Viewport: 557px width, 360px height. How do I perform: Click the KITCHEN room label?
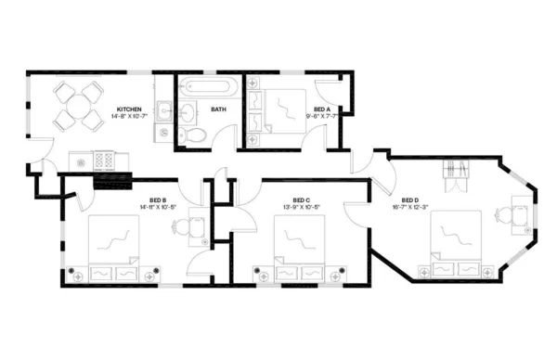128,109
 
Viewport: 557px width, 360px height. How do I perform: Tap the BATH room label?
218,109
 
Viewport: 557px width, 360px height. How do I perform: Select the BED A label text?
322,109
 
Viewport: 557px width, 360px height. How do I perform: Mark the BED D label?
409,199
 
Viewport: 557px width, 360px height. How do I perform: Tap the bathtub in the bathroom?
210,88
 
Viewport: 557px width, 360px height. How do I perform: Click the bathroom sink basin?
188,113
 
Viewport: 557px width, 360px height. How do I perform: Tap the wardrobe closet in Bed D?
457,174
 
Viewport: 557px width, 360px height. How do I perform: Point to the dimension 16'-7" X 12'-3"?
409,207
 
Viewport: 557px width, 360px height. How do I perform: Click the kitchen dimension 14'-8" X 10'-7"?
129,116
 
